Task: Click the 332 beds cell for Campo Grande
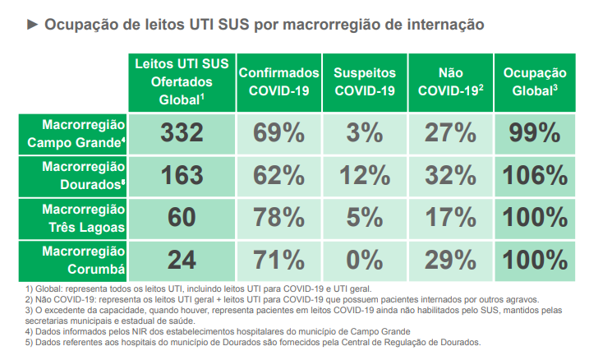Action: coord(182,133)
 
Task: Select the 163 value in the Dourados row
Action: coord(182,176)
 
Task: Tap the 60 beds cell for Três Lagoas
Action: coord(182,218)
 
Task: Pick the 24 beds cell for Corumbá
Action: coord(182,261)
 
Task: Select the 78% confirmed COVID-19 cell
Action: coord(278,218)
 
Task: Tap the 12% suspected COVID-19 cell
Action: coord(364,176)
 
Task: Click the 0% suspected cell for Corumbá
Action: coord(364,261)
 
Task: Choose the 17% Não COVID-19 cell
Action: coord(450,218)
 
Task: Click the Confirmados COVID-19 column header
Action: coord(278,81)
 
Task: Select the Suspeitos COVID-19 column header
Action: coord(364,81)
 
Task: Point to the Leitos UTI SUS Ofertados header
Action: coord(182,81)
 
